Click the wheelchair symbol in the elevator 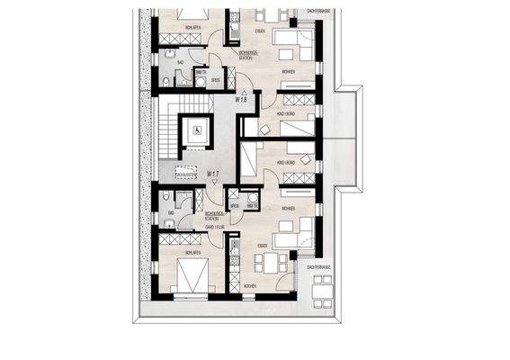pyautogui.click(x=196, y=131)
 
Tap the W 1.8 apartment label pyautogui.click(x=241, y=100)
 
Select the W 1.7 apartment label pyautogui.click(x=212, y=172)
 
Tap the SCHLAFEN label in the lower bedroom pyautogui.click(x=191, y=253)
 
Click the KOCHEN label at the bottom pyautogui.click(x=249, y=286)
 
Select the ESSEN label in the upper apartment pyautogui.click(x=260, y=31)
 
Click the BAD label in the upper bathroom pyautogui.click(x=180, y=62)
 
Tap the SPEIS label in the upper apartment pyautogui.click(x=216, y=80)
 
